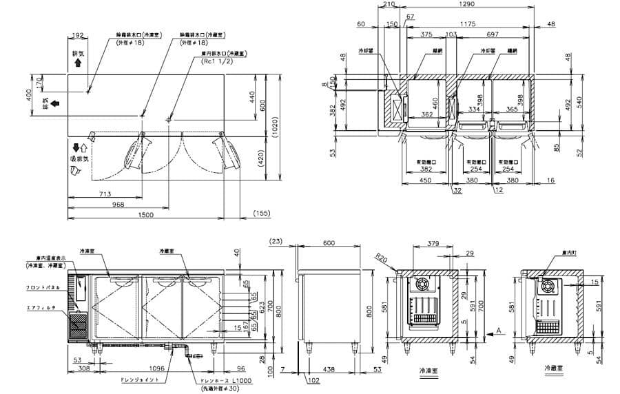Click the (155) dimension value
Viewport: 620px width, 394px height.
(x=262, y=215)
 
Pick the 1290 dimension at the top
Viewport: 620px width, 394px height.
(x=468, y=6)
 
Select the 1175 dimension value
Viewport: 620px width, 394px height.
(x=468, y=24)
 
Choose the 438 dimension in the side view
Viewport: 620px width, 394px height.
(x=329, y=370)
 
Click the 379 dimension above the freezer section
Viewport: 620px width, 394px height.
(x=432, y=244)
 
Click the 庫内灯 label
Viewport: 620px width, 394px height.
(x=568, y=253)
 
